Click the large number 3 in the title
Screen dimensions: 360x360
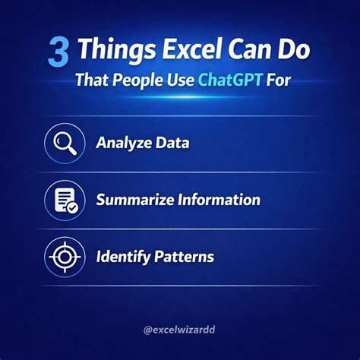(x=59, y=52)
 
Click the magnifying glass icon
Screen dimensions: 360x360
(x=65, y=143)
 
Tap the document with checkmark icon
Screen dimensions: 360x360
(x=65, y=200)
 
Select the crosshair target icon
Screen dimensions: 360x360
(x=65, y=257)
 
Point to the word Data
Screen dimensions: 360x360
(x=172, y=144)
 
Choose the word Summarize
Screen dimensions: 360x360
(x=136, y=201)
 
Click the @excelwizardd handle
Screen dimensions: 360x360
(x=180, y=330)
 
